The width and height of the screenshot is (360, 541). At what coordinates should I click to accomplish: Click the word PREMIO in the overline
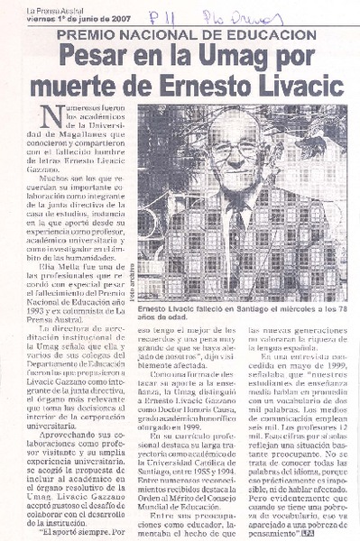tap(85, 34)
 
